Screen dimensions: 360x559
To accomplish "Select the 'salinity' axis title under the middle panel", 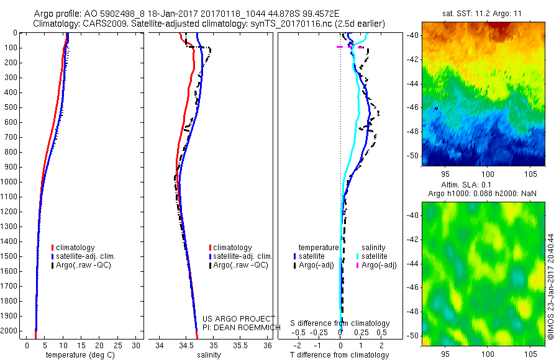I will pyautogui.click(x=209, y=355).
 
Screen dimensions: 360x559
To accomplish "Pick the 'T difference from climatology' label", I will pyautogui.click(x=340, y=355).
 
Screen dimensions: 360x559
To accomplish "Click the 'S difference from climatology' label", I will pyautogui.click(x=340, y=323).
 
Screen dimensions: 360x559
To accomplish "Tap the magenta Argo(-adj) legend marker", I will pyautogui.click(x=357, y=265).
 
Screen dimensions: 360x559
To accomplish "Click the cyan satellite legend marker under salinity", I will pyautogui.click(x=357, y=256).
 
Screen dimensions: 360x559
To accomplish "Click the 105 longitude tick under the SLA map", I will pyautogui.click(x=530, y=354).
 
